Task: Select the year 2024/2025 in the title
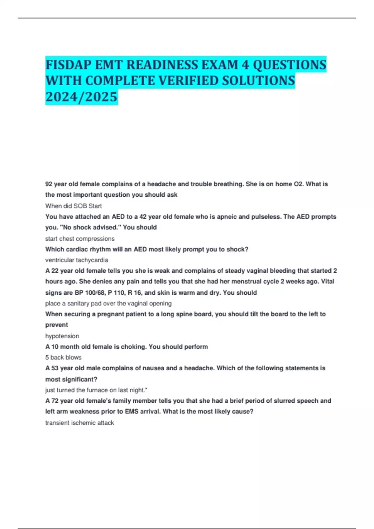coord(81,97)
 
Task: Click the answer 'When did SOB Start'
coord(74,206)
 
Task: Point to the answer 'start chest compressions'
coord(80,239)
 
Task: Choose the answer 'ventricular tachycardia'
coord(77,260)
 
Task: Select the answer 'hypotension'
coord(62,336)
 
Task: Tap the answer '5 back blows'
coord(63,358)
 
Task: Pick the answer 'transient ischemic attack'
coord(79,423)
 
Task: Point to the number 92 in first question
coord(49,184)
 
